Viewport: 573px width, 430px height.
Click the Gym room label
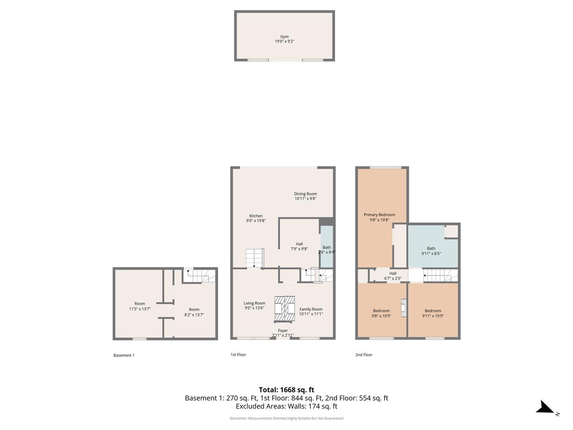tap(284, 37)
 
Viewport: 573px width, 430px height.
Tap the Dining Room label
tap(306, 194)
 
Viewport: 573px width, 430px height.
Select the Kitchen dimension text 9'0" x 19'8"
tap(256, 221)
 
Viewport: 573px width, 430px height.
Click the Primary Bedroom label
tap(379, 215)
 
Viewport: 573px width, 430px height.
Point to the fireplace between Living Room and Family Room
tap(285, 309)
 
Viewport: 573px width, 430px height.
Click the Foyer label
tap(283, 330)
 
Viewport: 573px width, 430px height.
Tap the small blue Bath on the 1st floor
tap(327, 247)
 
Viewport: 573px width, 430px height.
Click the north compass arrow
tap(545, 408)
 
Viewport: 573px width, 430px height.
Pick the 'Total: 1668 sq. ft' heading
tap(286, 390)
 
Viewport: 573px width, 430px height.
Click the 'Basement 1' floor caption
tap(124, 355)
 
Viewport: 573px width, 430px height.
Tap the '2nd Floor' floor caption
tap(364, 355)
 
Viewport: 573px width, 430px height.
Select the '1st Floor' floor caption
tap(238, 354)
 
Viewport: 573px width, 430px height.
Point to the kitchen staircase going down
tap(255, 258)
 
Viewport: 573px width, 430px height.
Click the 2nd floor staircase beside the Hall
tap(440, 275)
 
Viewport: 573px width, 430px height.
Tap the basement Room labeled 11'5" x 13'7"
tap(139, 306)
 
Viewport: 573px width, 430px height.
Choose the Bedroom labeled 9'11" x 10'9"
tap(433, 313)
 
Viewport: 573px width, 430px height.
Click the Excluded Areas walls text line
tap(286, 407)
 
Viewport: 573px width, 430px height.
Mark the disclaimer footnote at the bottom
tap(286, 418)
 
